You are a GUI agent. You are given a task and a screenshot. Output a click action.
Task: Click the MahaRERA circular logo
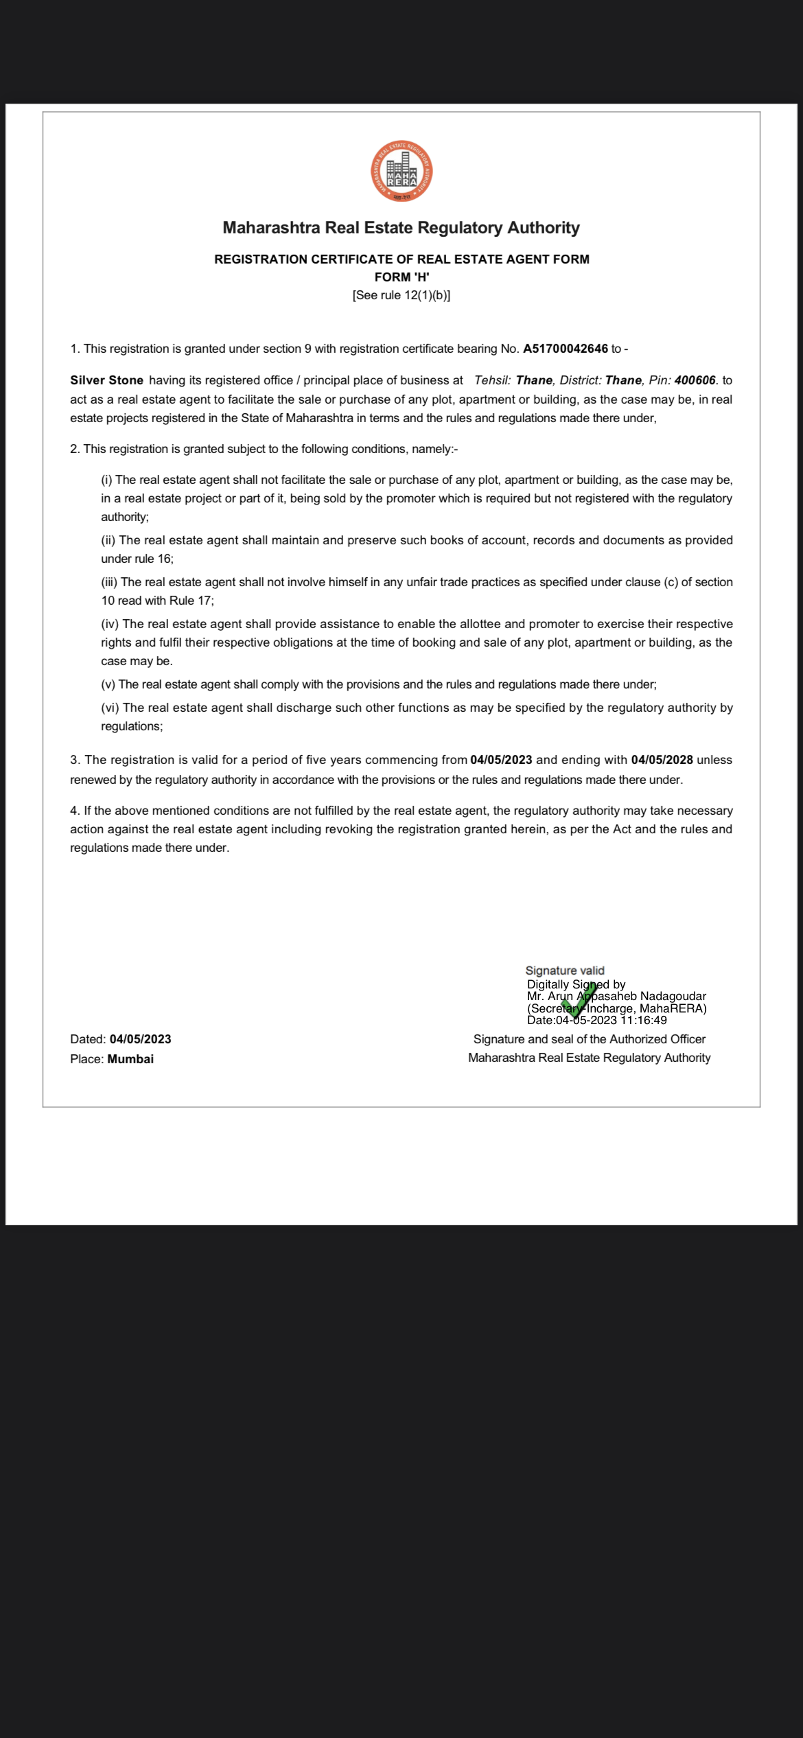(x=401, y=172)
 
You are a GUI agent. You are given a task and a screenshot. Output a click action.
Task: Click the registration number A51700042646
(x=565, y=349)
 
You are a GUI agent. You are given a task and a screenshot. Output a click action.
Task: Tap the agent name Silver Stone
(x=106, y=380)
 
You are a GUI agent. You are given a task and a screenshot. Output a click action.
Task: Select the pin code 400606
(x=695, y=380)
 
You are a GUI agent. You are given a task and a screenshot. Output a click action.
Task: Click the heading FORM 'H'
(x=401, y=277)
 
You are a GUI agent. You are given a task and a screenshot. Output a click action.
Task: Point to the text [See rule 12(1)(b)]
(x=401, y=295)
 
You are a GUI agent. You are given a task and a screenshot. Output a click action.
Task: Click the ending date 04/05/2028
(x=662, y=760)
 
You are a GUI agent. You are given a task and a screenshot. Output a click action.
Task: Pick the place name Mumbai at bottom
(x=130, y=1059)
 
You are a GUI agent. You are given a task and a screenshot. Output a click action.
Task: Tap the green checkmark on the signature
(x=579, y=1001)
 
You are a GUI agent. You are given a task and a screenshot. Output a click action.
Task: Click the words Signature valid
(x=565, y=971)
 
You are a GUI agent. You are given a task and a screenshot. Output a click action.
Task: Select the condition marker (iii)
(x=109, y=582)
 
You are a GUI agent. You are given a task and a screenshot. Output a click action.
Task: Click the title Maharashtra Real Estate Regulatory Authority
(x=401, y=228)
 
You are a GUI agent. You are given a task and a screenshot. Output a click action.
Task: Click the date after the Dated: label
(x=140, y=1039)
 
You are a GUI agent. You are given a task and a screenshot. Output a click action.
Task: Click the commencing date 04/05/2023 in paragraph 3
(x=501, y=760)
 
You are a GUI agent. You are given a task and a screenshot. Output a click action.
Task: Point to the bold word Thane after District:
(x=623, y=380)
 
